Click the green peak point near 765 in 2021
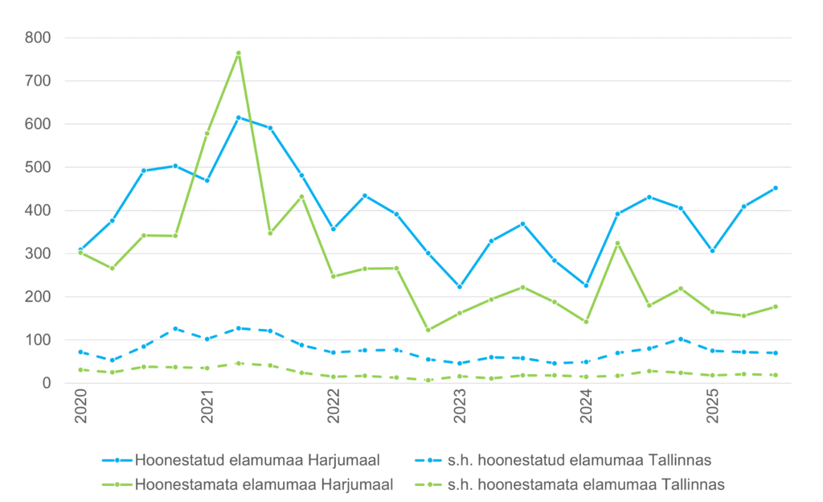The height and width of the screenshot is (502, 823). (x=239, y=53)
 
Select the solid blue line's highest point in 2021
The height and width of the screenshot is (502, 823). (x=239, y=117)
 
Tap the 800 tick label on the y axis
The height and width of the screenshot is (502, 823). (x=38, y=38)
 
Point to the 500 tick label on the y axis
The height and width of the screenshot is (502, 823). (x=38, y=167)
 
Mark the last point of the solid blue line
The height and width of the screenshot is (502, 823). (x=776, y=188)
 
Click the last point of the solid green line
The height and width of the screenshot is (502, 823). (x=776, y=307)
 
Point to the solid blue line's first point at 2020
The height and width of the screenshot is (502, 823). (x=80, y=249)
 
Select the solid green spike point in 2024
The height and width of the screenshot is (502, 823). (x=617, y=243)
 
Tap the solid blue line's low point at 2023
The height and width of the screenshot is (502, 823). (x=460, y=287)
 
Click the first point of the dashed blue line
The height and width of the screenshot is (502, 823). (x=80, y=352)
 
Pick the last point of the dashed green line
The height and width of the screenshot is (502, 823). (x=776, y=375)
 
